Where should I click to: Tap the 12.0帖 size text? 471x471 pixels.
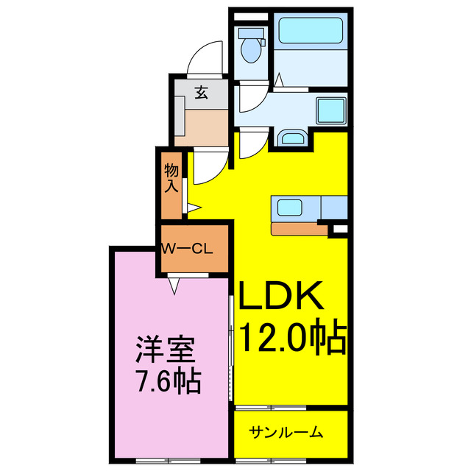click(x=291, y=338)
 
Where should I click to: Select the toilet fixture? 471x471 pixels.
click(x=251, y=46)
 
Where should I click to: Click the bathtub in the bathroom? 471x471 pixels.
click(x=308, y=34)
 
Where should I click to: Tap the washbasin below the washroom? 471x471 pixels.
click(x=294, y=138)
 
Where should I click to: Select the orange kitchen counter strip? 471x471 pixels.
click(x=297, y=228)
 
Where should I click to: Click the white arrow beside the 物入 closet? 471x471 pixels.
click(x=194, y=208)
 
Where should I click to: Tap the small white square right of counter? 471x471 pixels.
click(x=339, y=230)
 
